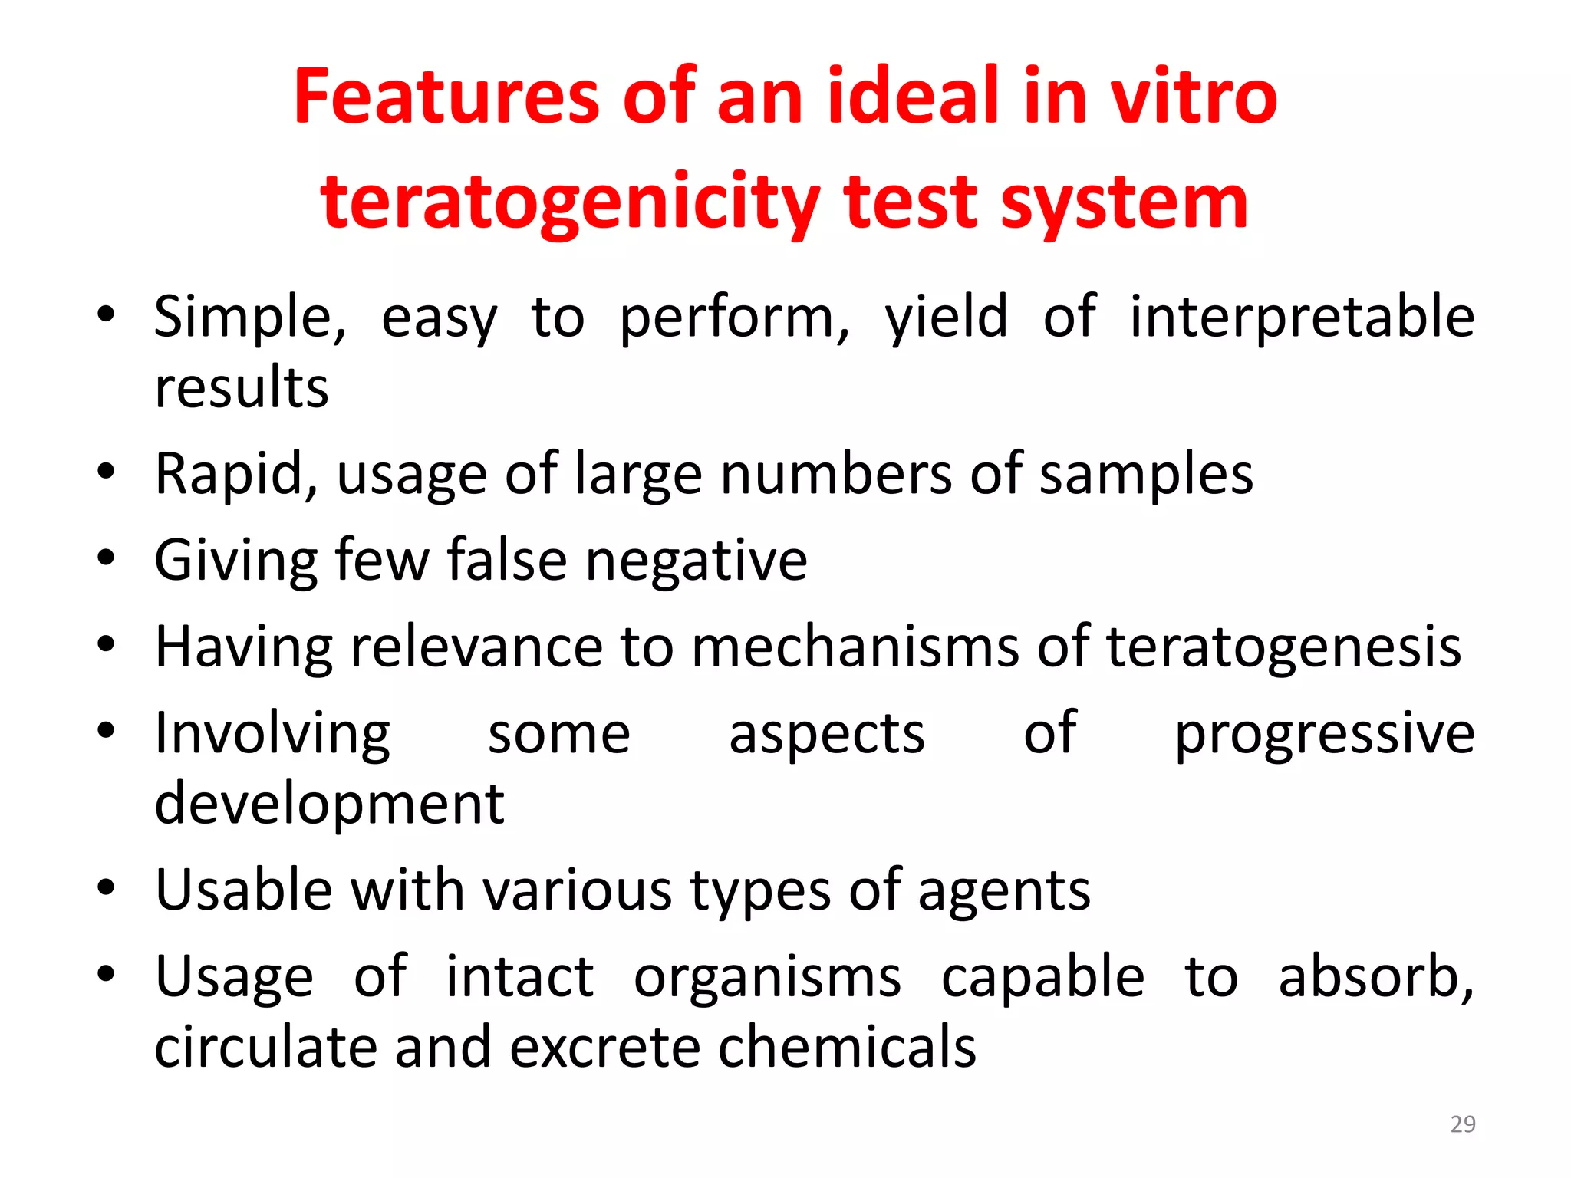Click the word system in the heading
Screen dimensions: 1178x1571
[1125, 202]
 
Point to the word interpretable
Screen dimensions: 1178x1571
[1302, 317]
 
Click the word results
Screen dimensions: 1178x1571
[242, 387]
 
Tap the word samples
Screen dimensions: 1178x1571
[1146, 474]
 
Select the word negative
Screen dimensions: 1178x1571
[697, 561]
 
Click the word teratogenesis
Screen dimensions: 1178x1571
[1283, 647]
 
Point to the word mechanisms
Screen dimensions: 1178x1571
[855, 647]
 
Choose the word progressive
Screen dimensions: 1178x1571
[1325, 733]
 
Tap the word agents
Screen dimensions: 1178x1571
[1004, 890]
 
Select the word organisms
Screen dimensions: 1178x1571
[767, 977]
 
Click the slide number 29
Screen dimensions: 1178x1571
[1463, 1124]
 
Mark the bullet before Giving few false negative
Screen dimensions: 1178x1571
[106, 558]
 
